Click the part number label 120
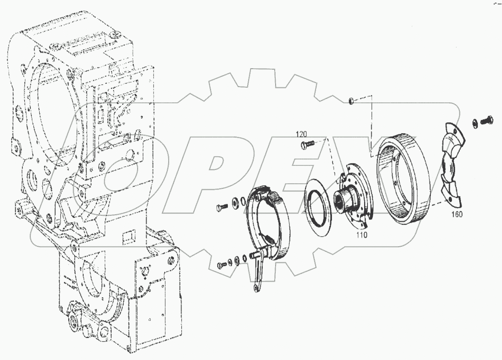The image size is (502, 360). click(302, 133)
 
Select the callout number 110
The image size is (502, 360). click(362, 235)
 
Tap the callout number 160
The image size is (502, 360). click(457, 214)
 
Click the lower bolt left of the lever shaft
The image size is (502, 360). click(221, 265)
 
